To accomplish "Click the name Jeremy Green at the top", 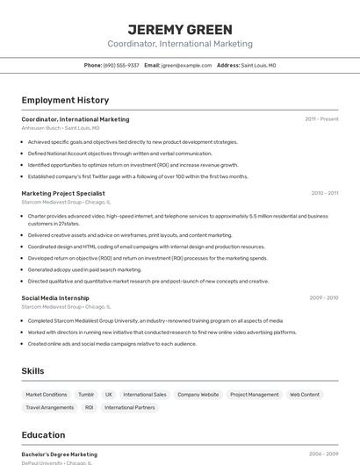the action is (x=180, y=29).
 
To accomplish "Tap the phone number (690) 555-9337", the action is (x=121, y=65).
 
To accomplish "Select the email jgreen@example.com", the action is (x=185, y=65).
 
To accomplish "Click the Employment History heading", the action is (x=65, y=100).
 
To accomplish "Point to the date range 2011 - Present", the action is (x=321, y=119).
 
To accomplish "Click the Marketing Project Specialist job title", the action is (x=63, y=193).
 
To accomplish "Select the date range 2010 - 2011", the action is (x=324, y=193).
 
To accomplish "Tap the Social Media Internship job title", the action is (x=55, y=298).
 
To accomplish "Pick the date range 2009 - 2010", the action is (x=324, y=298).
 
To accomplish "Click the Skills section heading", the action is (x=33, y=371).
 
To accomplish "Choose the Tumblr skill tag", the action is (x=86, y=395).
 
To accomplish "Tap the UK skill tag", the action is (x=109, y=395).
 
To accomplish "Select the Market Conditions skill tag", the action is (x=47, y=395).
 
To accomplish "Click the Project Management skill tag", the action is (x=254, y=395).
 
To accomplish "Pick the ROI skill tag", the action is (x=90, y=407).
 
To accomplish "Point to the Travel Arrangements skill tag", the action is (x=50, y=407).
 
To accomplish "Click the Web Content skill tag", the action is (x=305, y=395).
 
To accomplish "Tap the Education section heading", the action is (x=43, y=435).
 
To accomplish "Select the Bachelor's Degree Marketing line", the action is (x=59, y=454).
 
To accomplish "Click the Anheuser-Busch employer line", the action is (x=61, y=128).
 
